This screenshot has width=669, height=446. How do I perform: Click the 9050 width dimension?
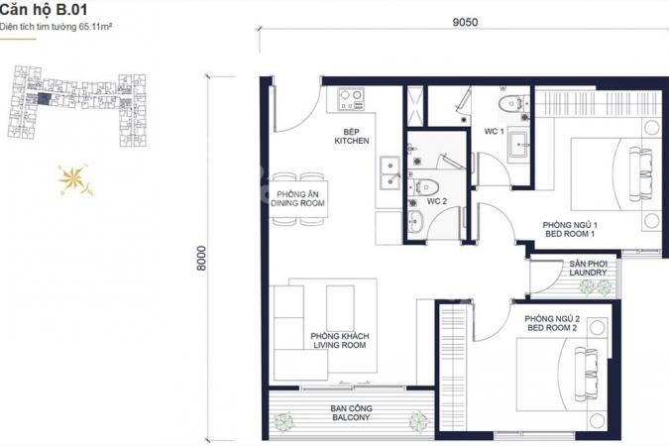click(465, 22)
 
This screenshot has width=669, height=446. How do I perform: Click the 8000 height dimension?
click(201, 259)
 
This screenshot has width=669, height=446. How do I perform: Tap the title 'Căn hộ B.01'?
click(44, 9)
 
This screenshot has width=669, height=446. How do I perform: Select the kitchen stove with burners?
click(351, 99)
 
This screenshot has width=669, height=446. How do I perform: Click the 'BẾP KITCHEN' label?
click(352, 136)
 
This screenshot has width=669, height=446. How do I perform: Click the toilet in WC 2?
click(423, 186)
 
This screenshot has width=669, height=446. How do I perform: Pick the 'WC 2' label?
click(436, 201)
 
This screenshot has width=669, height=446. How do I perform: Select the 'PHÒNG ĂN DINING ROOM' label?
click(297, 199)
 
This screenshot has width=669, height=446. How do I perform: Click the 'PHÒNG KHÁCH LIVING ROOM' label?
click(340, 341)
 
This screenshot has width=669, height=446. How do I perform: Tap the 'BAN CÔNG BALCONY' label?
click(351, 412)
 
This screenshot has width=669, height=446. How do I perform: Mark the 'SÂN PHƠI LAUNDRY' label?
click(588, 268)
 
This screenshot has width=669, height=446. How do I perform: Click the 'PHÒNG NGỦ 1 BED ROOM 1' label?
click(570, 229)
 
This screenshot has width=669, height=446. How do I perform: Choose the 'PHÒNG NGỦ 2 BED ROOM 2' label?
click(552, 323)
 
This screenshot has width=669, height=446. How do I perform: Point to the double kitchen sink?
click(390, 172)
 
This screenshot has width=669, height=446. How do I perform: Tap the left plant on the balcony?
click(283, 421)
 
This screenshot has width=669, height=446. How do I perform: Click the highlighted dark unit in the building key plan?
click(44, 99)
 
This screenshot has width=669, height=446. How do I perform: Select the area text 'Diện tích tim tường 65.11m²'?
click(56, 27)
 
